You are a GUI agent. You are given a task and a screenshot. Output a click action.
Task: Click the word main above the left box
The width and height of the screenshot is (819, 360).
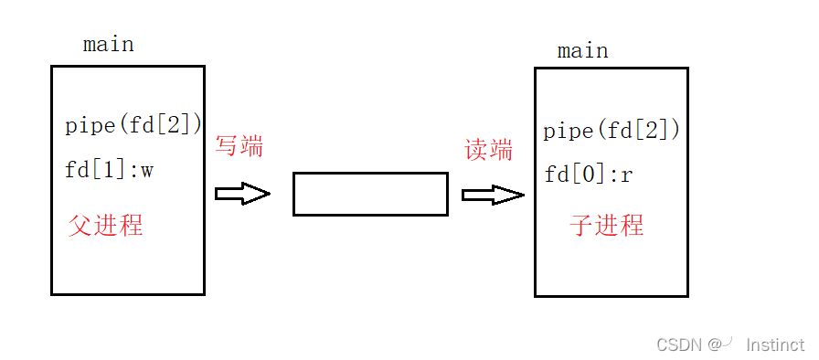(108, 45)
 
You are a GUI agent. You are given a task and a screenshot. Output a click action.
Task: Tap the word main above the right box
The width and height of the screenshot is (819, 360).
(582, 51)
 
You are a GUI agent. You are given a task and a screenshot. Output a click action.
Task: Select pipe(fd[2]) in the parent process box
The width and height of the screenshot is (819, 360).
(133, 125)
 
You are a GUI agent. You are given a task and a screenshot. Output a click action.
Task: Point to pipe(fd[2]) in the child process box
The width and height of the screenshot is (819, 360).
(612, 131)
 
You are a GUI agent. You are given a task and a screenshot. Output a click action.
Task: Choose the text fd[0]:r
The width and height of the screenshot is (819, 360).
(589, 175)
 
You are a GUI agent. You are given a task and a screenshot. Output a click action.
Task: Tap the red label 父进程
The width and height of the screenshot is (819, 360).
(105, 226)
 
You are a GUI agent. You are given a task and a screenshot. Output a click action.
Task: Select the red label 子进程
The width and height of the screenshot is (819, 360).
(607, 225)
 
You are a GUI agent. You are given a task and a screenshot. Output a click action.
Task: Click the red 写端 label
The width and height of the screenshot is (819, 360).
(239, 145)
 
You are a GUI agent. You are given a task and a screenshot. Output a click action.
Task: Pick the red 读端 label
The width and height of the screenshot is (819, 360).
(489, 150)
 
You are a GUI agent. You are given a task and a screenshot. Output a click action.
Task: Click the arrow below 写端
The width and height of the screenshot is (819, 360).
(242, 194)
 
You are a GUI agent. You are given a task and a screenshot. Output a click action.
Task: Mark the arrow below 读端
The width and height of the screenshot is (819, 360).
(493, 195)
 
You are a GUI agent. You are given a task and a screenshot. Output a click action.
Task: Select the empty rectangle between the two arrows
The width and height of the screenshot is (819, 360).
(370, 194)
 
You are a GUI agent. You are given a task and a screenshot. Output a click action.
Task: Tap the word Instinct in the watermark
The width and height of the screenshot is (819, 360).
(775, 344)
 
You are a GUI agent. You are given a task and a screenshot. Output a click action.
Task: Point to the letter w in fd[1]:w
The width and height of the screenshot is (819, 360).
(146, 171)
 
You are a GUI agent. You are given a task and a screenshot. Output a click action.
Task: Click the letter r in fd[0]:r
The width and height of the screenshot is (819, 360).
(626, 175)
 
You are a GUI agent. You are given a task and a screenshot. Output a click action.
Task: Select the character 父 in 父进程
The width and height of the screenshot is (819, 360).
(80, 226)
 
